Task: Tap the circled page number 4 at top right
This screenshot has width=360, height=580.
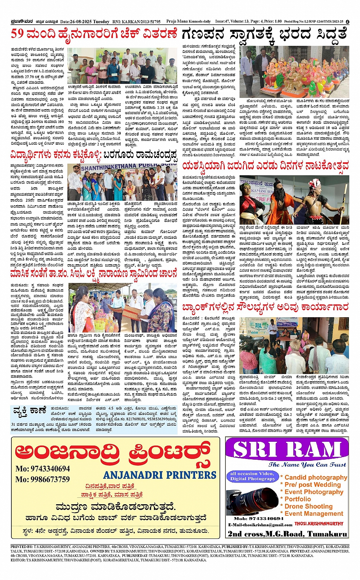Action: tap(347, 22)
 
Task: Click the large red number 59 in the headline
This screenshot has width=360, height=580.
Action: tap(18, 34)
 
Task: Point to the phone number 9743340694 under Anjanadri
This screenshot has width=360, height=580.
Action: tap(43, 469)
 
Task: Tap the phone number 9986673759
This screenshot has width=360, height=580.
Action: tap(43, 479)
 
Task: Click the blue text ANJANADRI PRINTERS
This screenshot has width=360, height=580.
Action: tap(160, 475)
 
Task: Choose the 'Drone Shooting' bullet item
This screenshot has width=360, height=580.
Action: tap(308, 506)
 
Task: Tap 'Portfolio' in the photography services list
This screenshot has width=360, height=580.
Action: tap(298, 499)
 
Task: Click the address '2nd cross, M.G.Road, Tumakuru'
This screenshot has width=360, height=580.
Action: tap(287, 534)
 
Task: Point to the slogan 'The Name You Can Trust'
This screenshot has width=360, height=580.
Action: tap(307, 465)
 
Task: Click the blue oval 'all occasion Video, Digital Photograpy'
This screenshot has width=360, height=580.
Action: tap(252, 476)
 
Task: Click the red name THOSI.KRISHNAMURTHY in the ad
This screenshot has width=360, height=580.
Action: tap(319, 524)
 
